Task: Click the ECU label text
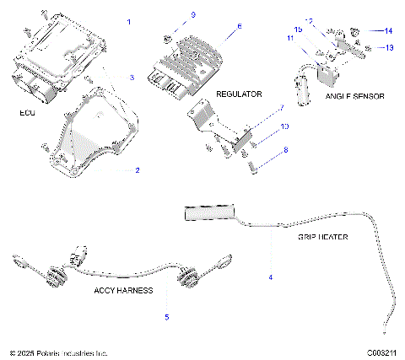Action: (x=25, y=111)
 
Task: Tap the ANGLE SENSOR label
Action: (x=354, y=97)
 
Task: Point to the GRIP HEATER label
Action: (x=322, y=237)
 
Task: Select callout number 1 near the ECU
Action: (x=129, y=19)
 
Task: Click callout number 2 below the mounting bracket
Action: (x=137, y=170)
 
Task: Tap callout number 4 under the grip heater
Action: (x=271, y=277)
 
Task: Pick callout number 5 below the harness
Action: (x=167, y=317)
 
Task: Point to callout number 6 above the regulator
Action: (x=239, y=26)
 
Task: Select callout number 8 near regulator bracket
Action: (x=285, y=149)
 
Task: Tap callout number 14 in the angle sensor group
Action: (x=389, y=31)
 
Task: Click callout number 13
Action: (x=389, y=48)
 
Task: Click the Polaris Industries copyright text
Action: (x=58, y=352)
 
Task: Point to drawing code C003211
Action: (x=381, y=352)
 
